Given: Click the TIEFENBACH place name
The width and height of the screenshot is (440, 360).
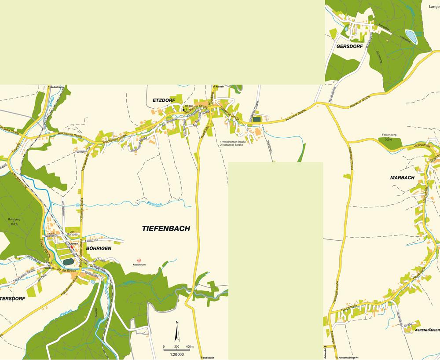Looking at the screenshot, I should pos(166,228).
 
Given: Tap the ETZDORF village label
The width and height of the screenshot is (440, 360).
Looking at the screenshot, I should pos(164,100).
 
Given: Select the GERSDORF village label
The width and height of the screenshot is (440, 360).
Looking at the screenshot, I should pos(348,46).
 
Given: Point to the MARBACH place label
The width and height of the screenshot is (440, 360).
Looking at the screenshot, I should pos(402,177).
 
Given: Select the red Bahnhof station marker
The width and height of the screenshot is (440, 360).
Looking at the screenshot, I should pos(72,247).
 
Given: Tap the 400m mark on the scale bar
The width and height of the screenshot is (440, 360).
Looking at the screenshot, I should pos(190,347).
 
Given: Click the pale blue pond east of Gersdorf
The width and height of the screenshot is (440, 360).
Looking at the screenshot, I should pos(410,34).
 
